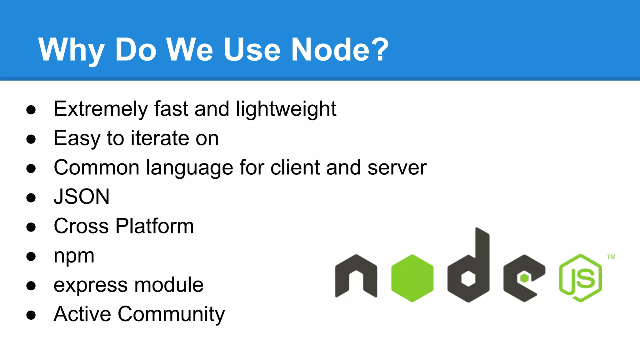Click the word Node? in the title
coord(340,49)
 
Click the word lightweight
coord(286,109)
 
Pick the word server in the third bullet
coord(397,167)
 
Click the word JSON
coord(82,197)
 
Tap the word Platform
coord(155,226)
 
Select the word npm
coord(74,256)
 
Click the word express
coord(90,285)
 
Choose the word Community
coord(171,314)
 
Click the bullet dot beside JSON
coord(31,197)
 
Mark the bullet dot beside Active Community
coord(31,315)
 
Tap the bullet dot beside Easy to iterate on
coord(31,139)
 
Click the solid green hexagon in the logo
coord(412,278)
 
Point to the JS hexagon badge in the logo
coord(581,278)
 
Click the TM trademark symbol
coord(611,257)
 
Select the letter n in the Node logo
coord(356,276)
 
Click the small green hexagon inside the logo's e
coord(524,278)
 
